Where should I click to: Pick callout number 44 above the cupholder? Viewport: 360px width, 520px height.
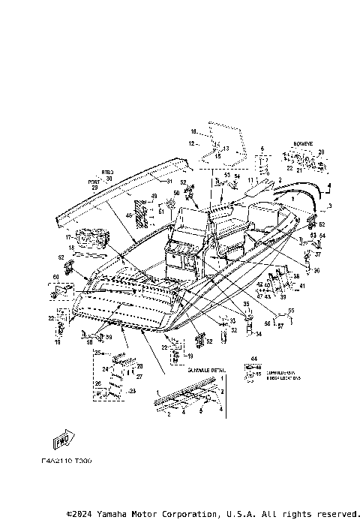pyautogui.click(x=252, y=359)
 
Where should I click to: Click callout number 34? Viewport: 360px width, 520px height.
pyautogui.click(x=259, y=333)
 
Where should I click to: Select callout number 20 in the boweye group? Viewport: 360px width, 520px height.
pyautogui.click(x=322, y=152)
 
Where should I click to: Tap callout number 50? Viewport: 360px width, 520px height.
pyautogui.click(x=177, y=193)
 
